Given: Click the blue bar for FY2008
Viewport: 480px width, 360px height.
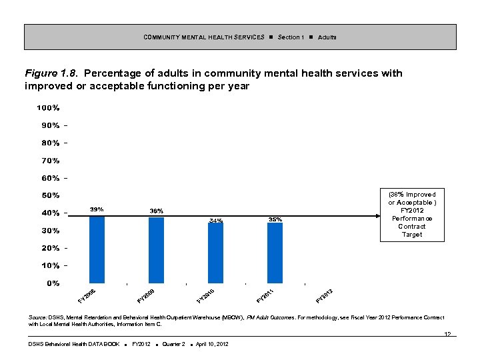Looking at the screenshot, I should [97, 249].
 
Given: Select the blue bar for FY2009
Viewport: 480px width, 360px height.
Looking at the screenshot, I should [156, 250].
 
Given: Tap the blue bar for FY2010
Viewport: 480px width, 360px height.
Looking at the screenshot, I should [215, 253].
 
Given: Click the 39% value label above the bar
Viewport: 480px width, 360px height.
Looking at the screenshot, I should [97, 209].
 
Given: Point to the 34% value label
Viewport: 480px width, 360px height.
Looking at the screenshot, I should [216, 221].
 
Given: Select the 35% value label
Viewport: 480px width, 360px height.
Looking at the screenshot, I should [275, 219].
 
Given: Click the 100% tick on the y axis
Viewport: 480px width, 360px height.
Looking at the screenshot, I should [48, 108].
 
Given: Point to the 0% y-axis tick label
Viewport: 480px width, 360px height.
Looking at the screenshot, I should [53, 283].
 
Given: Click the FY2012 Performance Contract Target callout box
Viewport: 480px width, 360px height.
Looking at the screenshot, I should [412, 215].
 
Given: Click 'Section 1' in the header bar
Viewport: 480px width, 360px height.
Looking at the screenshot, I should [291, 37].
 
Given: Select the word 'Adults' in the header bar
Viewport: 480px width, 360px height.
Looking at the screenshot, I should [327, 37].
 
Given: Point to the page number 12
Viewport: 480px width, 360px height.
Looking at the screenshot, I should [448, 334].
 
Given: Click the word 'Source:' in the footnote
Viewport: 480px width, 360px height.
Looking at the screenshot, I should [38, 317].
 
